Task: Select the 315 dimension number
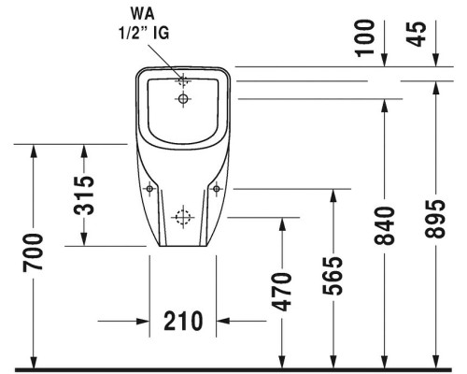pos(84,194)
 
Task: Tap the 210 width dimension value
pos(183,322)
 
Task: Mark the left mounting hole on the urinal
pos(149,189)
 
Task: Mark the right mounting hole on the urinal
pos(218,189)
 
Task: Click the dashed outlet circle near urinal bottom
pos(183,220)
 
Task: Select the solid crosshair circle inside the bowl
pos(183,98)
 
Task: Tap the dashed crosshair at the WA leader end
pos(183,80)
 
